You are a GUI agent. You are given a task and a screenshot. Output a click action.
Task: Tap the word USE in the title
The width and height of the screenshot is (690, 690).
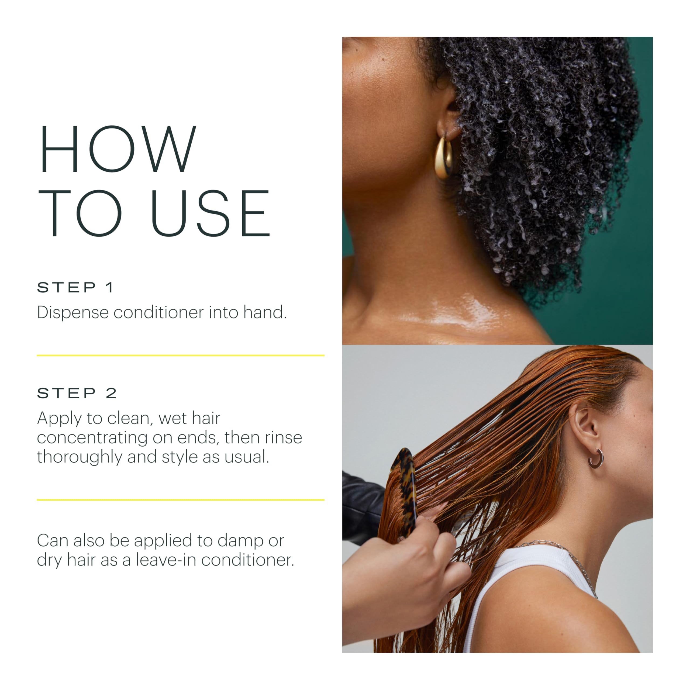tap(211, 213)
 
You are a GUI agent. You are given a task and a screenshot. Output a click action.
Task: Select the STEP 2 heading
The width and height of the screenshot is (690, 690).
tap(77, 393)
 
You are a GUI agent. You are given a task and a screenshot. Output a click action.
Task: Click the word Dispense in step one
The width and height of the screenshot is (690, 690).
tap(73, 312)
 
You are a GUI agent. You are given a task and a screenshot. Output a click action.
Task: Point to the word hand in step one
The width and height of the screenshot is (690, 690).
tap(265, 312)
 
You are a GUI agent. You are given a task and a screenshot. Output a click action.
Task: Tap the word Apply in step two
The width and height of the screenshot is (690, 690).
tap(59, 418)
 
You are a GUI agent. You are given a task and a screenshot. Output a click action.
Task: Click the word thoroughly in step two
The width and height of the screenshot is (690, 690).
tap(79, 457)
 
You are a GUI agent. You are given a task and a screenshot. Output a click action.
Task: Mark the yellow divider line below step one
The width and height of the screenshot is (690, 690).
tap(180, 355)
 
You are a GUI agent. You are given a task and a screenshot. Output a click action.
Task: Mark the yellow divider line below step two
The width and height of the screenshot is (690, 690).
tap(180, 500)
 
